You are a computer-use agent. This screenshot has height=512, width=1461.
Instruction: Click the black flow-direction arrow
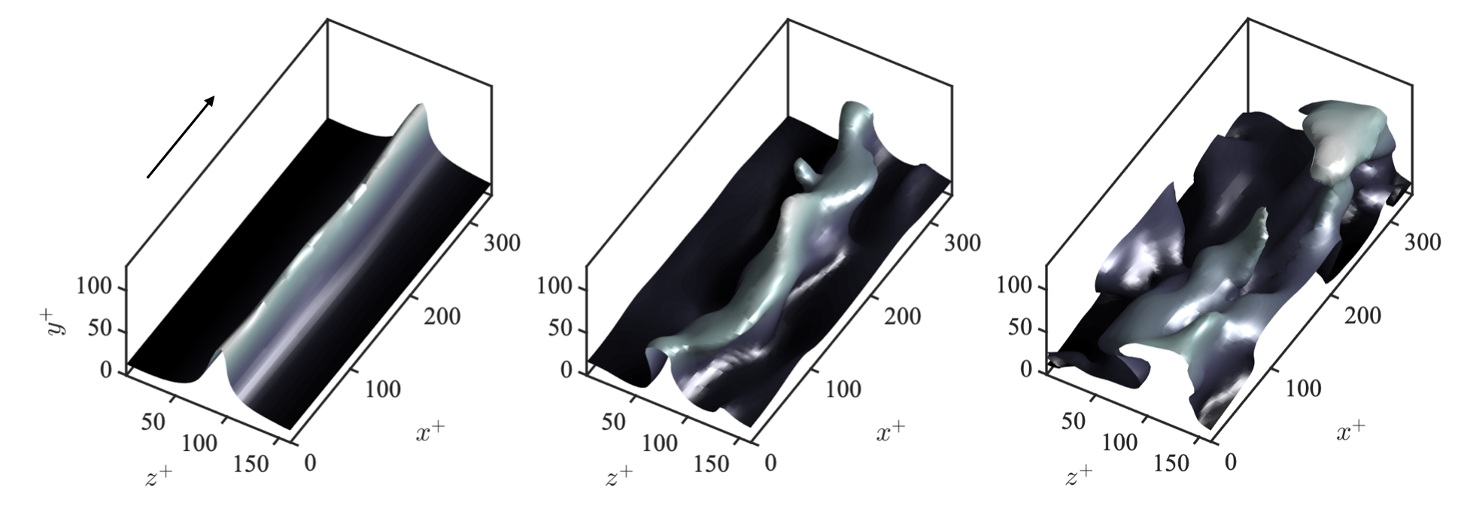pos(181,137)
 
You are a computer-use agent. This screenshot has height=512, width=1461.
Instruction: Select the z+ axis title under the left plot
pos(159,476)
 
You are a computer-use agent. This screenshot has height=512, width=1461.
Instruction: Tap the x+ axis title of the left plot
pos(430,431)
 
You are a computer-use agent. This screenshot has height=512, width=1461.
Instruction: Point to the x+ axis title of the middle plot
pos(891,431)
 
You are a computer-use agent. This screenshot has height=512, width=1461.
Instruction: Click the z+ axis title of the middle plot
pos(620,476)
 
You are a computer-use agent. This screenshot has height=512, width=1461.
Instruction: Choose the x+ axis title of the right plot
pos(1351,431)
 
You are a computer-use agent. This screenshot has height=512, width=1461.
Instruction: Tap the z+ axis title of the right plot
pos(1080,476)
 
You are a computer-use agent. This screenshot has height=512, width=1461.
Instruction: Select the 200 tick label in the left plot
pos(442,315)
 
